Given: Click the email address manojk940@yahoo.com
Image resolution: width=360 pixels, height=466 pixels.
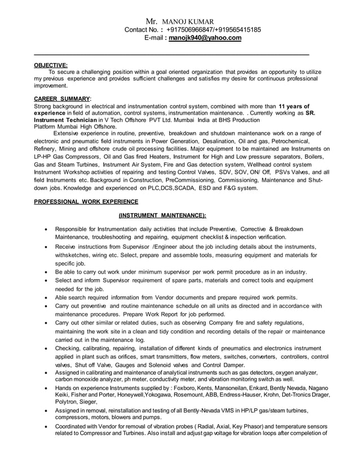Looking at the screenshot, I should (205, 38).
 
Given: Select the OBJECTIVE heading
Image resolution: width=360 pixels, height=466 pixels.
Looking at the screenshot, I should (51, 65).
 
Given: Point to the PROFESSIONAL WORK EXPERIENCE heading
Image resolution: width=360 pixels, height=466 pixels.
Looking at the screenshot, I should (86, 201).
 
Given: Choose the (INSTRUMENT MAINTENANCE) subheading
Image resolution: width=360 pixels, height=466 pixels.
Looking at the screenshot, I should (162, 215).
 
